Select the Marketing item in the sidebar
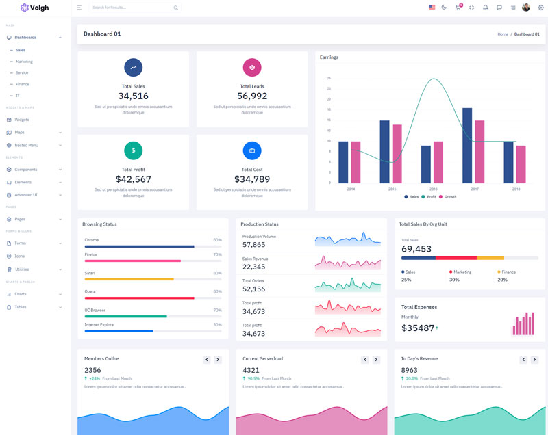click(24, 62)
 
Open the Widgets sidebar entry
click(22, 120)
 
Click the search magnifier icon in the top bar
click(176, 8)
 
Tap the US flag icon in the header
click(432, 8)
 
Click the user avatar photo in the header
click(526, 8)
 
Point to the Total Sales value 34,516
click(133, 96)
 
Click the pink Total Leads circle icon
click(252, 67)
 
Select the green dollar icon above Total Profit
click(133, 150)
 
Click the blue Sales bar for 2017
click(467, 145)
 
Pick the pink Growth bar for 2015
click(397, 153)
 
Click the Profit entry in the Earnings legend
click(429, 197)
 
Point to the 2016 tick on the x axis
click(434, 189)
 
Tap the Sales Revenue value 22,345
click(253, 267)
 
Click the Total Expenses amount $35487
click(418, 328)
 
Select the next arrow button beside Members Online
click(218, 360)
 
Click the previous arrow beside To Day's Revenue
click(523, 360)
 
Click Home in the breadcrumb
click(503, 34)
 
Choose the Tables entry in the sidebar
click(21, 307)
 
